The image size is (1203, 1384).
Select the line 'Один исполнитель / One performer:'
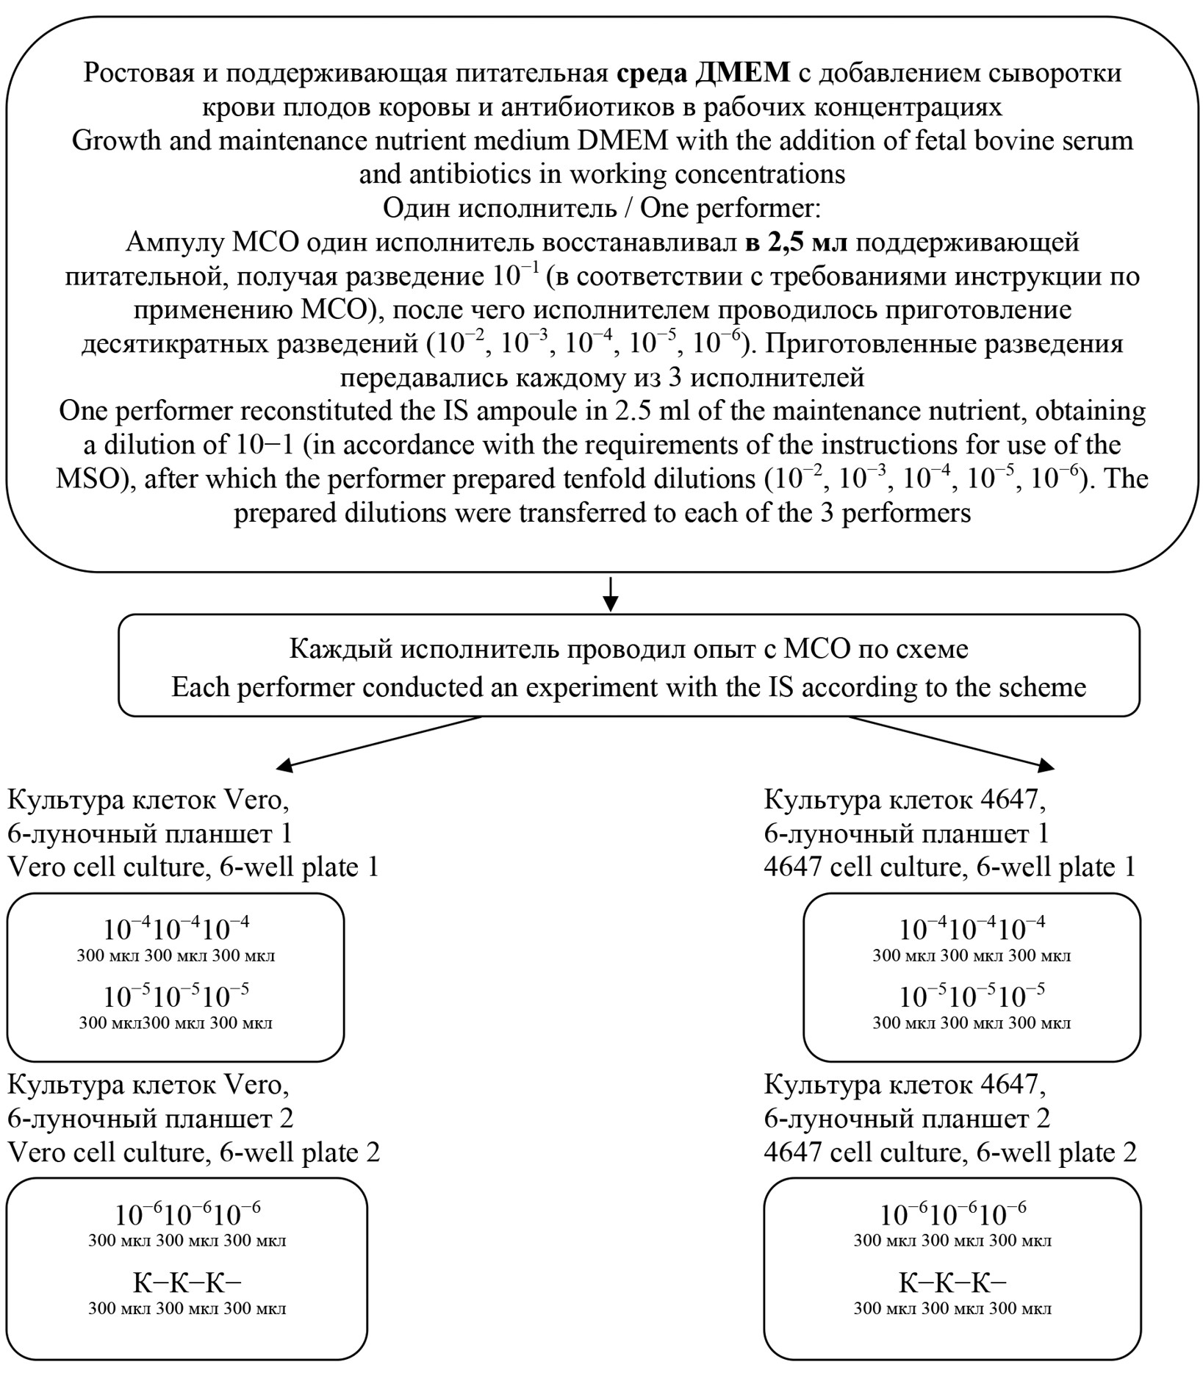coord(601,209)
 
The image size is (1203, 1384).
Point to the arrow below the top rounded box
coord(610,594)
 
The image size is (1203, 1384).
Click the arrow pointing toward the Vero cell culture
coord(378,743)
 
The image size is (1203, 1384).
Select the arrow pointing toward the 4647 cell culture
coord(952,743)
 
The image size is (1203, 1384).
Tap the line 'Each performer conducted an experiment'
coord(628,687)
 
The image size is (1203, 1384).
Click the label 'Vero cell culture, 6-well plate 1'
coord(193,867)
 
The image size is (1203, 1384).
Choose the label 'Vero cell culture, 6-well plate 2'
coord(194,1152)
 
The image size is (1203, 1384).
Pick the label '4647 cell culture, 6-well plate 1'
coord(949,867)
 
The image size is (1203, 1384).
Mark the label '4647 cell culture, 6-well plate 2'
coord(950,1152)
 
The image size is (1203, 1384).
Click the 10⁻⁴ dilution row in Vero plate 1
coord(176,930)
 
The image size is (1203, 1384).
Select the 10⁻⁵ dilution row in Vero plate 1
coord(176,997)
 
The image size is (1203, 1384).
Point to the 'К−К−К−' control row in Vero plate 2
coord(187,1283)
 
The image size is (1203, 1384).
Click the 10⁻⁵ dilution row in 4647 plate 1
coord(972,997)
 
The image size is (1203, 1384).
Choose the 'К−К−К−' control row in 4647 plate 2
coord(952,1283)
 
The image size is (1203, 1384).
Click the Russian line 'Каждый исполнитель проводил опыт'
coord(628,649)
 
